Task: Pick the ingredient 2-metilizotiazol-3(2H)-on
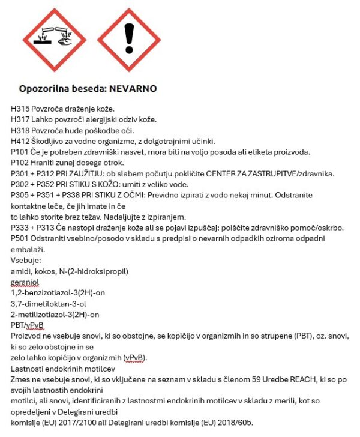[x=55, y=315]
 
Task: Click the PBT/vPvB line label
[x=27, y=325]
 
